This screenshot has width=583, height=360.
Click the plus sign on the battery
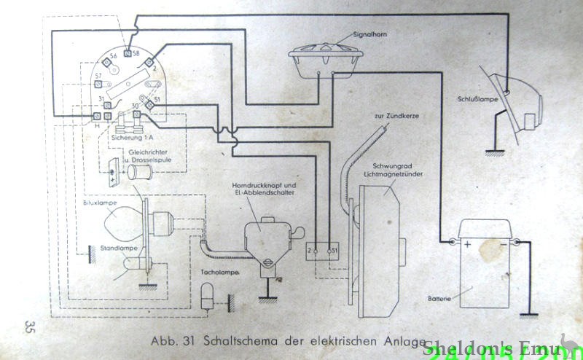(467, 245)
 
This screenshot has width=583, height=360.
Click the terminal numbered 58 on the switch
(128, 53)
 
